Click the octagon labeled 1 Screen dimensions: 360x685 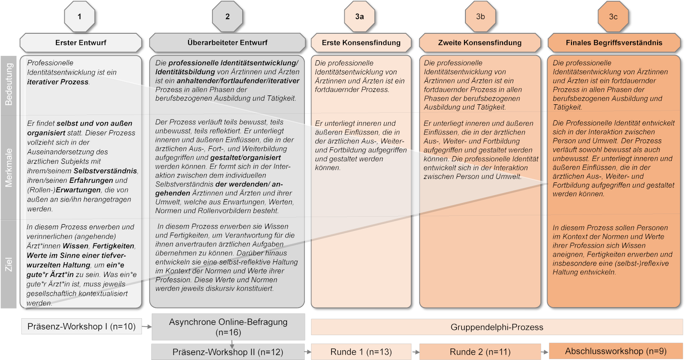click(80, 16)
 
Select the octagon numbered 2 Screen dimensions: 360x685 click(228, 16)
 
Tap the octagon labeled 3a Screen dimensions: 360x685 click(359, 16)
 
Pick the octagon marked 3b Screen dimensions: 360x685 click(480, 16)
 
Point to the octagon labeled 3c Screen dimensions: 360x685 click(613, 16)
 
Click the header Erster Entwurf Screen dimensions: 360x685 click(81, 43)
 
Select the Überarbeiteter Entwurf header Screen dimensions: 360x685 click(228, 43)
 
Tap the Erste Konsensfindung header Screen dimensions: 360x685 click(361, 43)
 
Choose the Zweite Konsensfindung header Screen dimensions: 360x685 click(480, 43)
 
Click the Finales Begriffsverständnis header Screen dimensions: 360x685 click(614, 43)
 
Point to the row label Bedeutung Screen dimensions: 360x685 click(9, 84)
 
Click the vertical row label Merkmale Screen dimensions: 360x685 click(9, 168)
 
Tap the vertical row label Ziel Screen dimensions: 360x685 click(9, 264)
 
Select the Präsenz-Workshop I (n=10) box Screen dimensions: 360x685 click(82, 326)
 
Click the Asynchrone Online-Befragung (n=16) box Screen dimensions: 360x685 click(228, 327)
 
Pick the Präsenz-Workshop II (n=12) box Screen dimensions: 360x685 click(228, 352)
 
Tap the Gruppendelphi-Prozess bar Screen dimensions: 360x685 click(497, 327)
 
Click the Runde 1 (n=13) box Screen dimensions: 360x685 click(361, 352)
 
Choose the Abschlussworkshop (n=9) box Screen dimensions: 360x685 click(616, 351)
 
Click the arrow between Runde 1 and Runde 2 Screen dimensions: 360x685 click(416, 352)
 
